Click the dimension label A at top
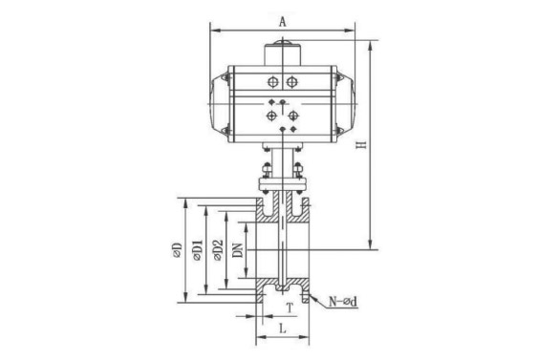[283, 22]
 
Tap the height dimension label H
[362, 145]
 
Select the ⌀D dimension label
[177, 250]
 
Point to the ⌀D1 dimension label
[198, 250]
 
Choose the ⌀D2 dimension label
[218, 250]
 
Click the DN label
[238, 250]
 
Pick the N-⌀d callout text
[343, 302]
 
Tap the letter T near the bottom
[291, 307]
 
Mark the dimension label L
[283, 328]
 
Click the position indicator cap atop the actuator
[282, 53]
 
